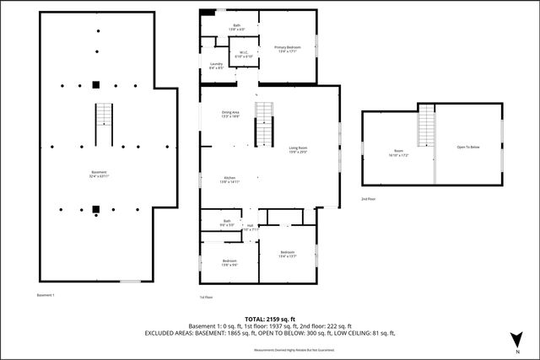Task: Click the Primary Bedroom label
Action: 288,49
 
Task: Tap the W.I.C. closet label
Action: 242,55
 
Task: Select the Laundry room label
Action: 216,65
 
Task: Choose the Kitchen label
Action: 231,180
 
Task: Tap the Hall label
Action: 250,226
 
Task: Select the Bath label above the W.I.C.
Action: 237,28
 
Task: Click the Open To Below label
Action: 468,148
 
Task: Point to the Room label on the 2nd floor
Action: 398,153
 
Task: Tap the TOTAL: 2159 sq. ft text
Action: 270,319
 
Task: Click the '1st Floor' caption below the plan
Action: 207,297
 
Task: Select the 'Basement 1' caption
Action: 46,295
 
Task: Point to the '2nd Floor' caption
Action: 369,199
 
